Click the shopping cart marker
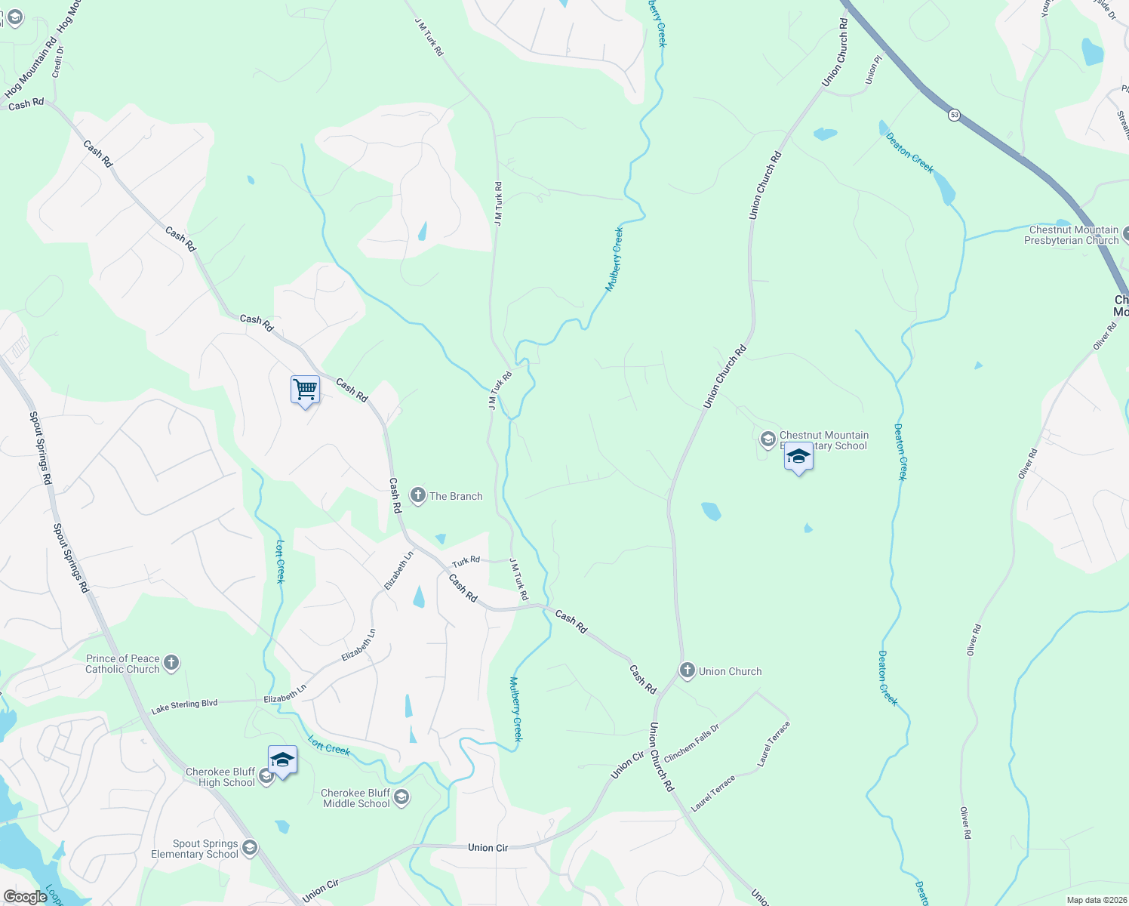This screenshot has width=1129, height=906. (305, 390)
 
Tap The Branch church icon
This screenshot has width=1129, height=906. (417, 496)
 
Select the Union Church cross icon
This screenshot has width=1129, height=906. (687, 670)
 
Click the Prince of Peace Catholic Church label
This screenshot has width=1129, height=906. (122, 664)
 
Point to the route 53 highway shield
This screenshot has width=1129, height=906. (955, 115)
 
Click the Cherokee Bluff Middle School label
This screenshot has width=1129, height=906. (356, 798)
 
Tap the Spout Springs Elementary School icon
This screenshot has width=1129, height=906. (250, 848)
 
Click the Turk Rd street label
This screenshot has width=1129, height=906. (466, 561)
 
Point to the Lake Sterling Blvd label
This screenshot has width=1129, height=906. (184, 707)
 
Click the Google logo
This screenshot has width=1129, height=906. (25, 896)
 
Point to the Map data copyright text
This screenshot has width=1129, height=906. (1097, 900)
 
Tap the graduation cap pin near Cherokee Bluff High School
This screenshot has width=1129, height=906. (282, 760)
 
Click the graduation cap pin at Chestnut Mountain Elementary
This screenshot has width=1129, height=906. (798, 457)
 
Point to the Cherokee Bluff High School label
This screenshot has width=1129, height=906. (220, 777)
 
